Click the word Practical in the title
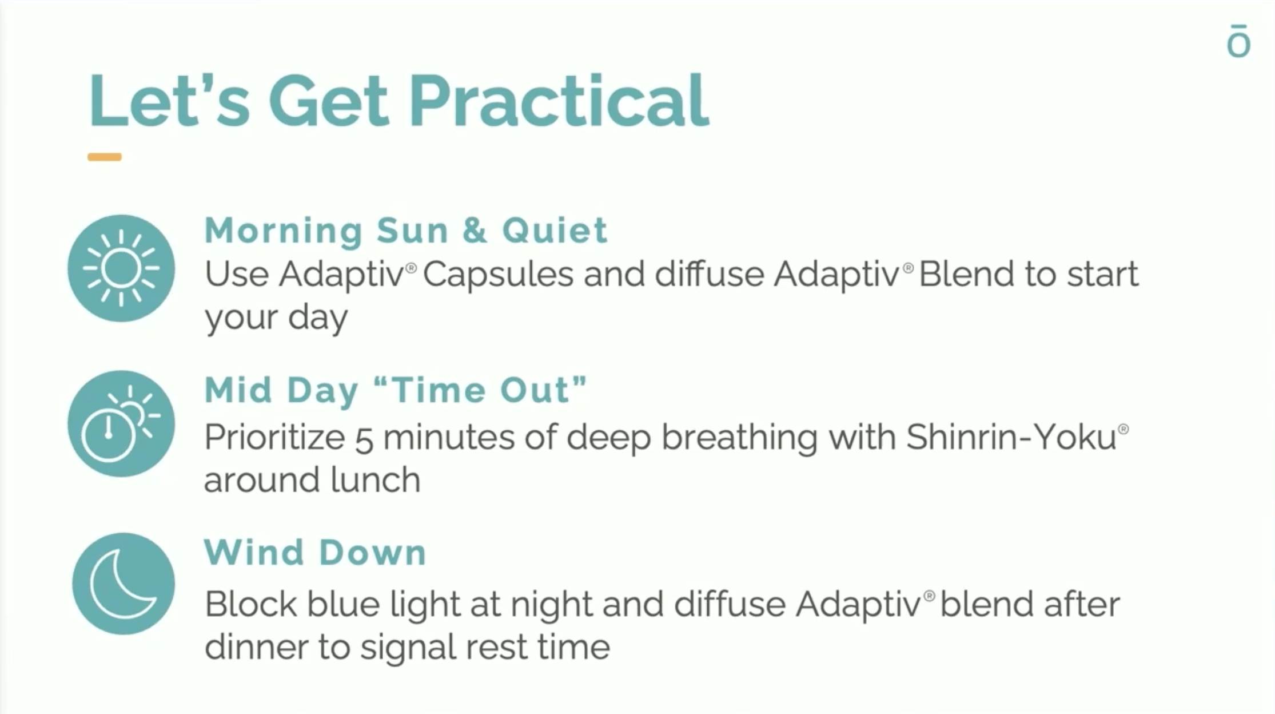coord(559,101)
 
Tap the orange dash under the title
coord(105,157)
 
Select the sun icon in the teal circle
coord(121,268)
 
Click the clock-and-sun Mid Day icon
coord(121,423)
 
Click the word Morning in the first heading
coord(284,231)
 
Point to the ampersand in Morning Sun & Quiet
coord(474,231)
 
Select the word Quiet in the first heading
coord(555,231)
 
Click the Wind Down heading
coord(316,553)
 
